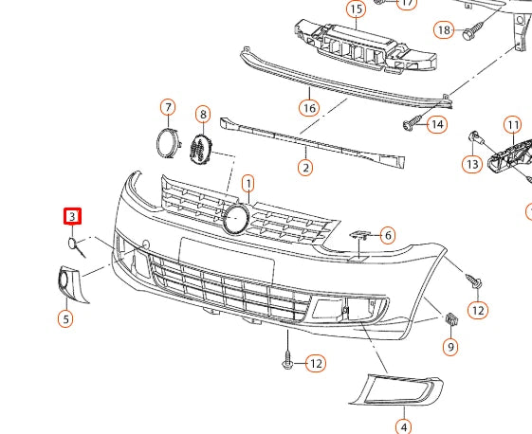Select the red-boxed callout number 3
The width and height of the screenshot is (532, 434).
coord(72,217)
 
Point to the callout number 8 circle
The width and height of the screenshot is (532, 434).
coord(203,115)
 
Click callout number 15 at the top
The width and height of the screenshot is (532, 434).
coord(356,10)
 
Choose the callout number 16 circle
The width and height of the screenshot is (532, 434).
coord(309,107)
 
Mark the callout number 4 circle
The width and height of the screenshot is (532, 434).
coord(403,426)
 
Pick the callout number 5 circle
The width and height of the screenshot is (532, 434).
coord(65,318)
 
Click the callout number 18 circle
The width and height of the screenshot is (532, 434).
coord(444,30)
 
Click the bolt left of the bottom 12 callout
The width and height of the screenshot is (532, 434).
coord(287,361)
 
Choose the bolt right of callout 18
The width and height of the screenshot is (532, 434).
coord(468,34)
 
